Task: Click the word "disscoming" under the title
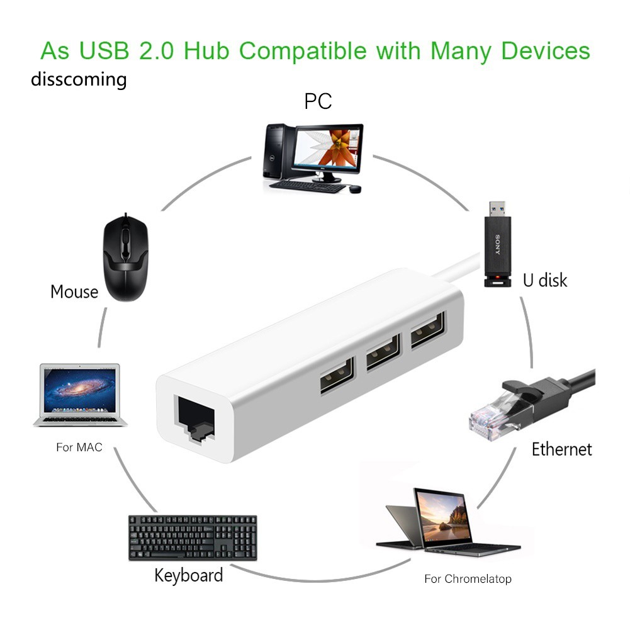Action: click(79, 80)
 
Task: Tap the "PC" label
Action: click(318, 101)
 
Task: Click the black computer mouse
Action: click(127, 257)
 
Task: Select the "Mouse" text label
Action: click(74, 291)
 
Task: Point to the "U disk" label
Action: click(545, 279)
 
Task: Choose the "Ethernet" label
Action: click(561, 449)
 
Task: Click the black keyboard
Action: click(193, 537)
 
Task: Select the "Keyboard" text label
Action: click(189, 575)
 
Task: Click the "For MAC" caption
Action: click(79, 447)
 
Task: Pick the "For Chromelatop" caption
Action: click(468, 578)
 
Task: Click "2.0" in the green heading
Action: click(154, 50)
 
